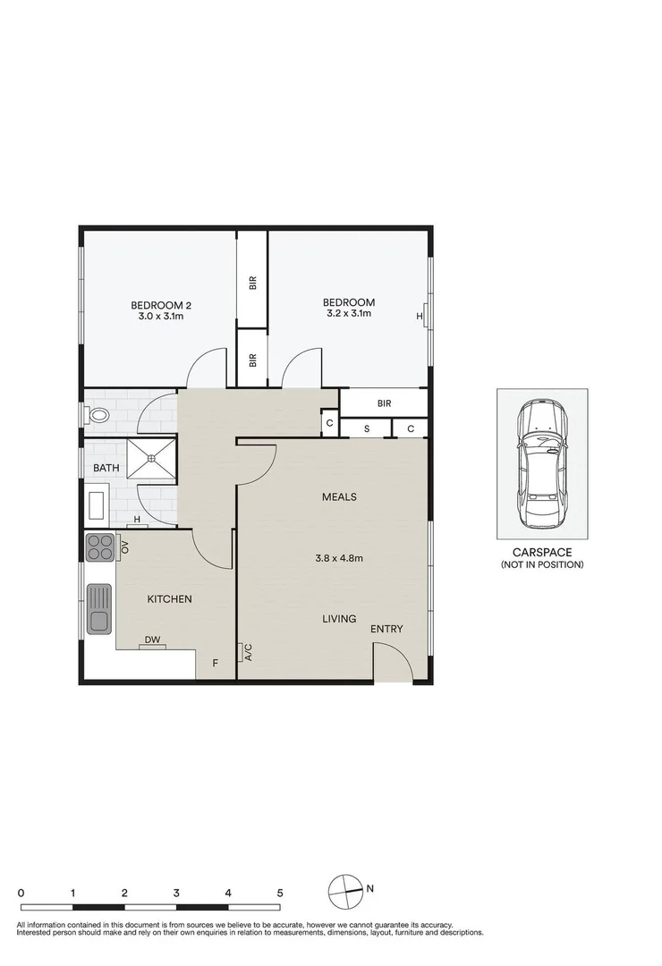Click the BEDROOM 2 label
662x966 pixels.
(161, 304)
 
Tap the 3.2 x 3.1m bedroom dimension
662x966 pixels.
(348, 314)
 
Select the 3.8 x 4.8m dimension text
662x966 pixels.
(339, 559)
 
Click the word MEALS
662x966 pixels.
(340, 497)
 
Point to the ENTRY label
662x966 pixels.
(386, 630)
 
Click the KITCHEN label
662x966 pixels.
(170, 599)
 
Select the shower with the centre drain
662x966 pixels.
(151, 458)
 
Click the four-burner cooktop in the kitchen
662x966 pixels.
(99, 547)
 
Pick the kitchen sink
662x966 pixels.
(100, 607)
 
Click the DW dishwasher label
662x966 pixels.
(153, 640)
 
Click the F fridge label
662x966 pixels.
(215, 664)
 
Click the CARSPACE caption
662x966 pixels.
(542, 554)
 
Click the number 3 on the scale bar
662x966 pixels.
(177, 893)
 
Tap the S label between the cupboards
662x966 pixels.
(366, 428)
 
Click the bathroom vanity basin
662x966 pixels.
(97, 504)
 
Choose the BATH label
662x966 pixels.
(106, 468)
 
